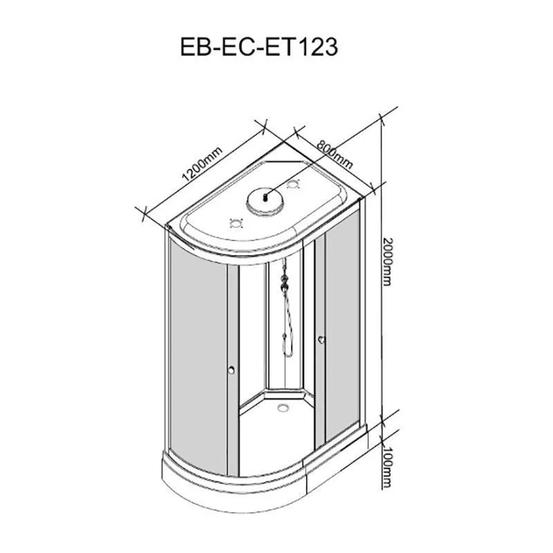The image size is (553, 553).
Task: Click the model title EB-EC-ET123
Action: point(259,47)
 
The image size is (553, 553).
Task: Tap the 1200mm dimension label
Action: point(202,163)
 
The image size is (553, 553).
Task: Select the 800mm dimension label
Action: point(335,154)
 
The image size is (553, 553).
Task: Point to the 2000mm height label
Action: point(387,262)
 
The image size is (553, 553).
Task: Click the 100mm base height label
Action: point(387,467)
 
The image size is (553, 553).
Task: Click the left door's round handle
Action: point(232,370)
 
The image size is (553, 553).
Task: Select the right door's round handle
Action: point(320,339)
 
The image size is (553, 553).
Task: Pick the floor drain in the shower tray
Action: point(283,408)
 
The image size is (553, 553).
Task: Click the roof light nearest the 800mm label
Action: point(293,184)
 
